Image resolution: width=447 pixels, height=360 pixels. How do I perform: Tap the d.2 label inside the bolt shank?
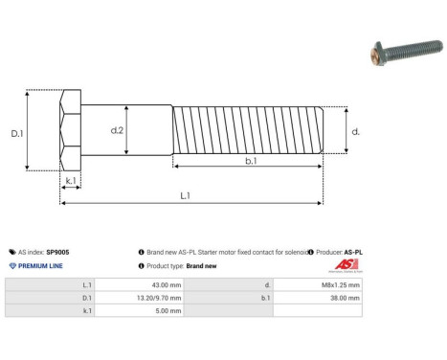[x=117, y=130]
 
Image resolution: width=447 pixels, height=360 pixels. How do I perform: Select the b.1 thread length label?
[x=250, y=162]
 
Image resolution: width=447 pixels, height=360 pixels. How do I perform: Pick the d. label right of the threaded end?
[x=355, y=131]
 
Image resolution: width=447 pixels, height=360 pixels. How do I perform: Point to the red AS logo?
[x=345, y=265]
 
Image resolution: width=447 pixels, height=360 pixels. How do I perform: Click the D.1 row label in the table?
[x=87, y=298]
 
